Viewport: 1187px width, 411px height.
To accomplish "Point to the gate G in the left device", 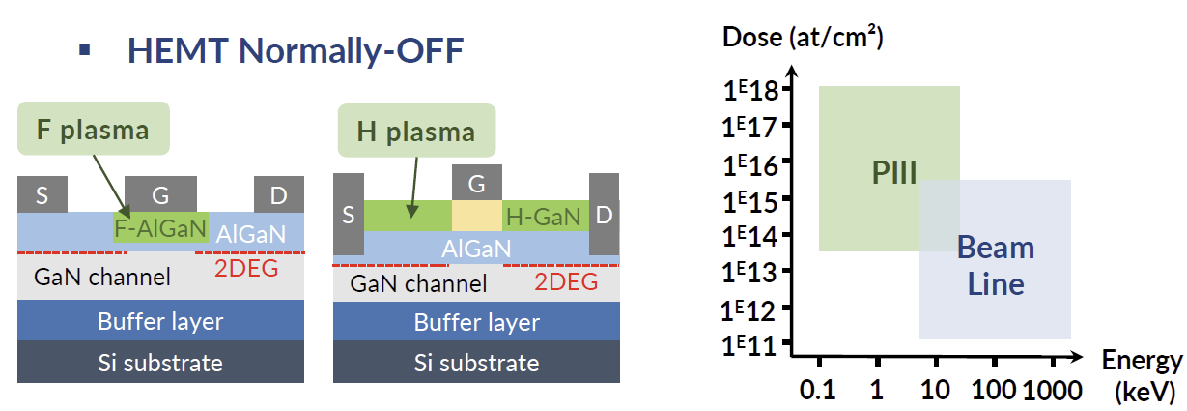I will pyautogui.click(x=161, y=195).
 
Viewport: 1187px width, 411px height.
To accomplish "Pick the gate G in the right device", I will pyautogui.click(x=477, y=183).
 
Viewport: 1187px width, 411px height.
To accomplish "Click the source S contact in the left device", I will pyautogui.click(x=42, y=195).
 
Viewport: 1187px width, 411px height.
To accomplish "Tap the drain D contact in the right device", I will pyautogui.click(x=604, y=215).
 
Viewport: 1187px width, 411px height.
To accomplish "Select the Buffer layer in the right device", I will pyautogui.click(x=476, y=322).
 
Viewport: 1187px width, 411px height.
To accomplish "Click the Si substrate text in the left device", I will pyautogui.click(x=160, y=363).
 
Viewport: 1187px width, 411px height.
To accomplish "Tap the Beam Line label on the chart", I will pyautogui.click(x=995, y=266).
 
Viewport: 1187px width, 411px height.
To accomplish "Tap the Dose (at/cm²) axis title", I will pyautogui.click(x=803, y=39).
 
